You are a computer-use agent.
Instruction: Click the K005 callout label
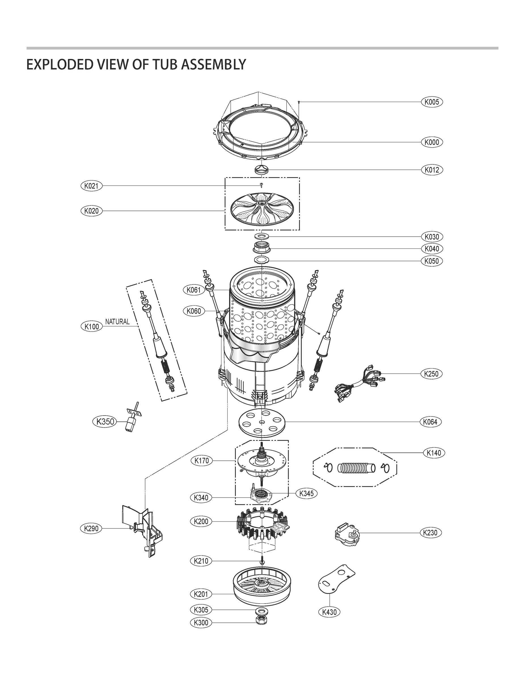coord(431,102)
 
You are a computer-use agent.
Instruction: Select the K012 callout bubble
coord(431,170)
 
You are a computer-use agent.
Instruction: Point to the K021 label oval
coord(91,186)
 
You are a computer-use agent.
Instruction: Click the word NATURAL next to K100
coord(117,321)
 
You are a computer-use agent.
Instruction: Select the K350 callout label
coord(105,422)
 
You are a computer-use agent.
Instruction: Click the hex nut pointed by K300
coord(260,620)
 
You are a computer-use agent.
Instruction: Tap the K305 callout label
coord(201,609)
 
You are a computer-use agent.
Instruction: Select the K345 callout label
coord(306,493)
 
